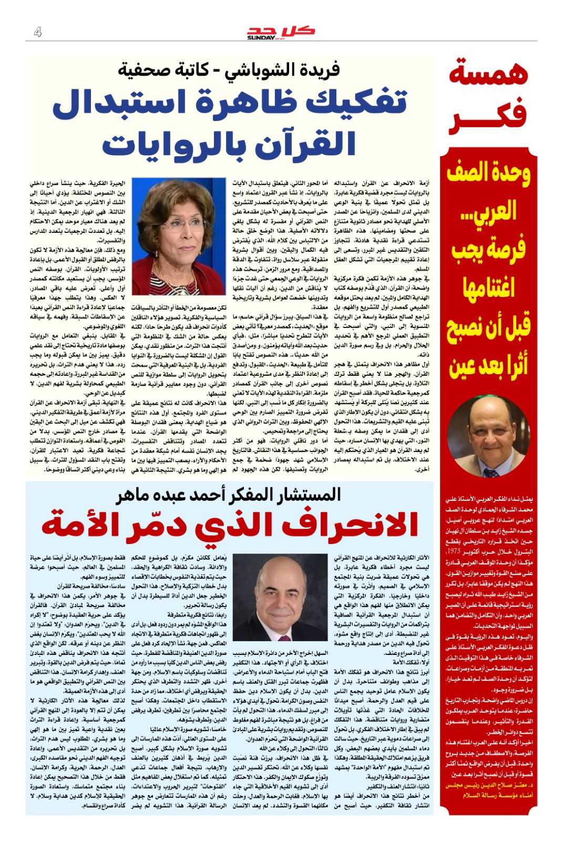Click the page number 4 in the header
point(38,32)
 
